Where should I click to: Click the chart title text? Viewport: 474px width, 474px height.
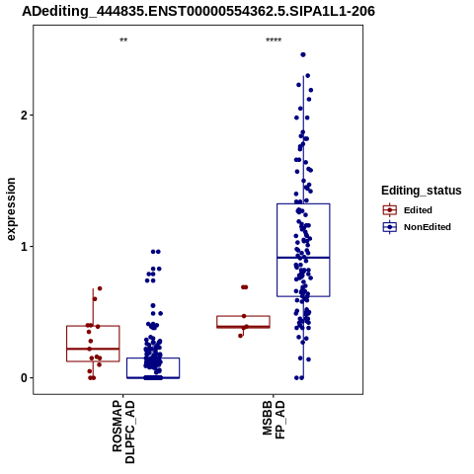pos(198,12)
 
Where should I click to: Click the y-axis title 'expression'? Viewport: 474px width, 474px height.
pos(11,209)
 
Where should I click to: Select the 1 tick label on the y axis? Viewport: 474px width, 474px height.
pos(24,247)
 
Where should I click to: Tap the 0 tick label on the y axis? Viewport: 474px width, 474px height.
pos(24,378)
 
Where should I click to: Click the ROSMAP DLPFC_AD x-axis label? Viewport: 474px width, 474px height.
pos(123,432)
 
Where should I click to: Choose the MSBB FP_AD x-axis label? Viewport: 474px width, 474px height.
pos(274,420)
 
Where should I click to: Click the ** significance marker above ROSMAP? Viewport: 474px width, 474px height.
pos(123,40)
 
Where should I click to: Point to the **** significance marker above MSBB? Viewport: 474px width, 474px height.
pos(274,40)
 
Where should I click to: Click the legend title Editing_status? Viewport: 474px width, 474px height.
pos(422,191)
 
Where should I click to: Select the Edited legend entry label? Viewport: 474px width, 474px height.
pos(418,210)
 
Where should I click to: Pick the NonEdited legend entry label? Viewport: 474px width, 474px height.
pos(428,227)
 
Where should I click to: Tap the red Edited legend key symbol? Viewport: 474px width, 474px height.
pos(390,210)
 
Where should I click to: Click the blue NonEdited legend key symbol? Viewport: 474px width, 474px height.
pos(390,227)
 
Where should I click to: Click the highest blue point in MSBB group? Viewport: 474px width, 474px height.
pos(303,54)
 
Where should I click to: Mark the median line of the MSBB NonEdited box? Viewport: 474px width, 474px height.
pos(303,258)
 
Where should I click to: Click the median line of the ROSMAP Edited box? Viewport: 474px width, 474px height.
pos(93,349)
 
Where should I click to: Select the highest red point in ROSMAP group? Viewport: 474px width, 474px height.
pos(100,288)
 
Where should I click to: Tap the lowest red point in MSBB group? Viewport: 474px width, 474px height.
pos(241,336)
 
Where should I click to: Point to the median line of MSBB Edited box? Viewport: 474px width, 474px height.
pos(243,327)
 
